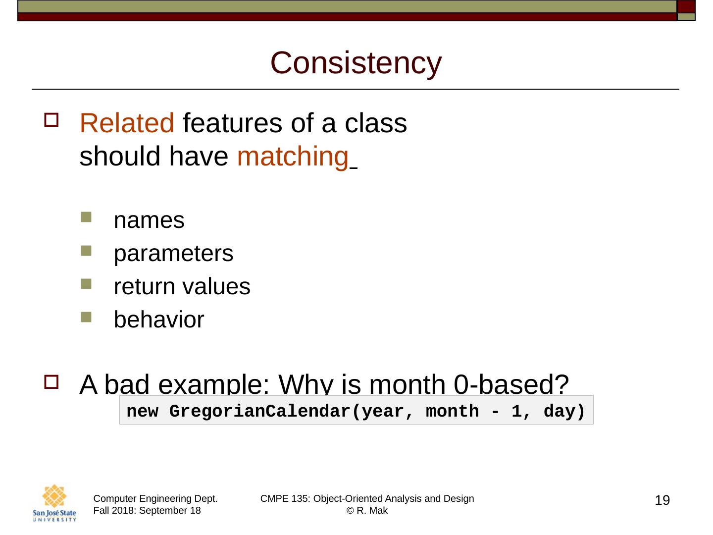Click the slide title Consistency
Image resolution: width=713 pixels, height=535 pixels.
click(x=356, y=63)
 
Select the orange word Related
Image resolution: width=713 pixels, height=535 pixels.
click(x=127, y=123)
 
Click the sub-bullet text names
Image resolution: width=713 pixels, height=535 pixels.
click(x=149, y=220)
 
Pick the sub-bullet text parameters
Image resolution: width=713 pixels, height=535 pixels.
click(x=173, y=254)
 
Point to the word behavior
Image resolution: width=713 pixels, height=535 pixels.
click(x=159, y=320)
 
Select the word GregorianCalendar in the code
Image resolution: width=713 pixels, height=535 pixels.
click(x=260, y=412)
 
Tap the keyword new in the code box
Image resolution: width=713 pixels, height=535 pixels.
click(x=142, y=412)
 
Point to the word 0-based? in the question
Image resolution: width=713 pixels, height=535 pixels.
click(x=511, y=384)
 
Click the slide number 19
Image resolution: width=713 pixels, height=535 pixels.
click(x=662, y=500)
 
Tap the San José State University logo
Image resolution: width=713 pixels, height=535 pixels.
click(x=54, y=503)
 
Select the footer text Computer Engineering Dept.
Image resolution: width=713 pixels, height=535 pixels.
click(x=155, y=499)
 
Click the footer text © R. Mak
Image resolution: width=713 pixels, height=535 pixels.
click(x=367, y=511)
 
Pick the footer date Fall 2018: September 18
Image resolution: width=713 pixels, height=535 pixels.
click(x=147, y=511)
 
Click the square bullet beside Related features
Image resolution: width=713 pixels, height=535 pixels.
click(x=51, y=119)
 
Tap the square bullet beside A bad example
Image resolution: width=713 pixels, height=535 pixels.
click(x=51, y=382)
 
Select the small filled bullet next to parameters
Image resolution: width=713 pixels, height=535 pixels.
click(x=86, y=251)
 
